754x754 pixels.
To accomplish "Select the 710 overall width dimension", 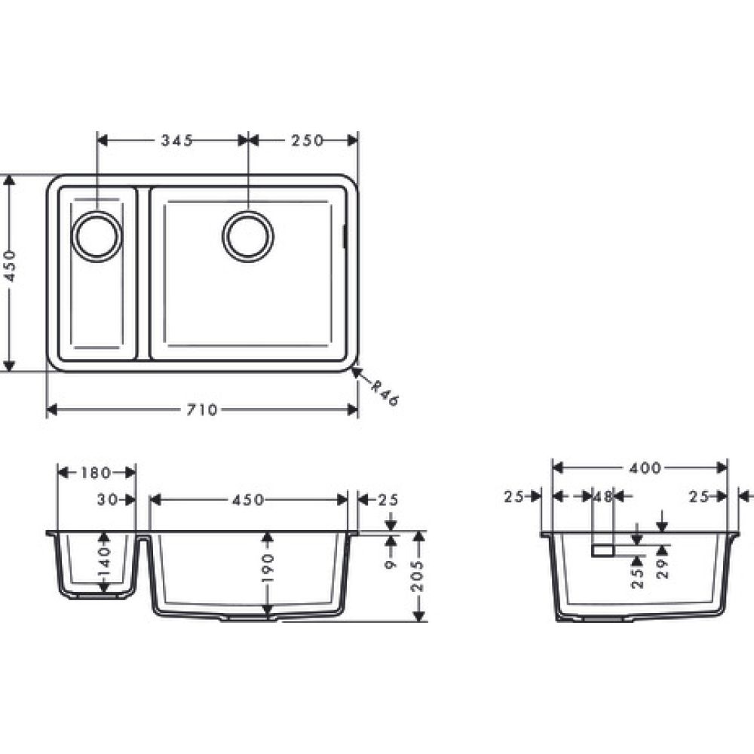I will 202,410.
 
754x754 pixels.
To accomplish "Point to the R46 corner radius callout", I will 385,392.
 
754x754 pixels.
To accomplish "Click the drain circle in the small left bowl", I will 97,236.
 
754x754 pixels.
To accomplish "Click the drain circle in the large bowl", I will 247,236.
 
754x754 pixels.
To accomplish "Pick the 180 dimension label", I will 96,473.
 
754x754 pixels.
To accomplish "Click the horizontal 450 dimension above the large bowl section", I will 248,500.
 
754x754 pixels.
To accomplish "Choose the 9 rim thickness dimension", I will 391,562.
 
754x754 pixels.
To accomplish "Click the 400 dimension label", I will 645,468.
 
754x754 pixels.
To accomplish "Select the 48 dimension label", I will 602,497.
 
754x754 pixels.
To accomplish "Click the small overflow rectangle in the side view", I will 603,551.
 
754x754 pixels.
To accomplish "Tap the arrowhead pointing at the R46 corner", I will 357,372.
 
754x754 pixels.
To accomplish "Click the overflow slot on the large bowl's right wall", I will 345,235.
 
